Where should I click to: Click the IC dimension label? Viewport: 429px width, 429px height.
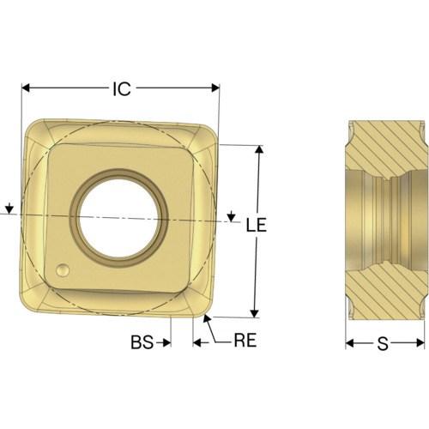[122, 88]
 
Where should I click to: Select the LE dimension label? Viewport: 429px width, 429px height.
[257, 225]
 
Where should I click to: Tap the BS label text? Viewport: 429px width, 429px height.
[142, 342]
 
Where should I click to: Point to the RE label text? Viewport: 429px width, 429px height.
[245, 341]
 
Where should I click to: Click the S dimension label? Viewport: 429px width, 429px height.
[383, 344]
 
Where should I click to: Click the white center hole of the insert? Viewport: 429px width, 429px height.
[119, 218]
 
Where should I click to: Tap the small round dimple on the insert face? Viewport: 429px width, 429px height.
[63, 270]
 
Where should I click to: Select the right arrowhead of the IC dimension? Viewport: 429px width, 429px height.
[215, 88]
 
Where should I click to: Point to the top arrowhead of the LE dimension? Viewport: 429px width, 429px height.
[259, 150]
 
